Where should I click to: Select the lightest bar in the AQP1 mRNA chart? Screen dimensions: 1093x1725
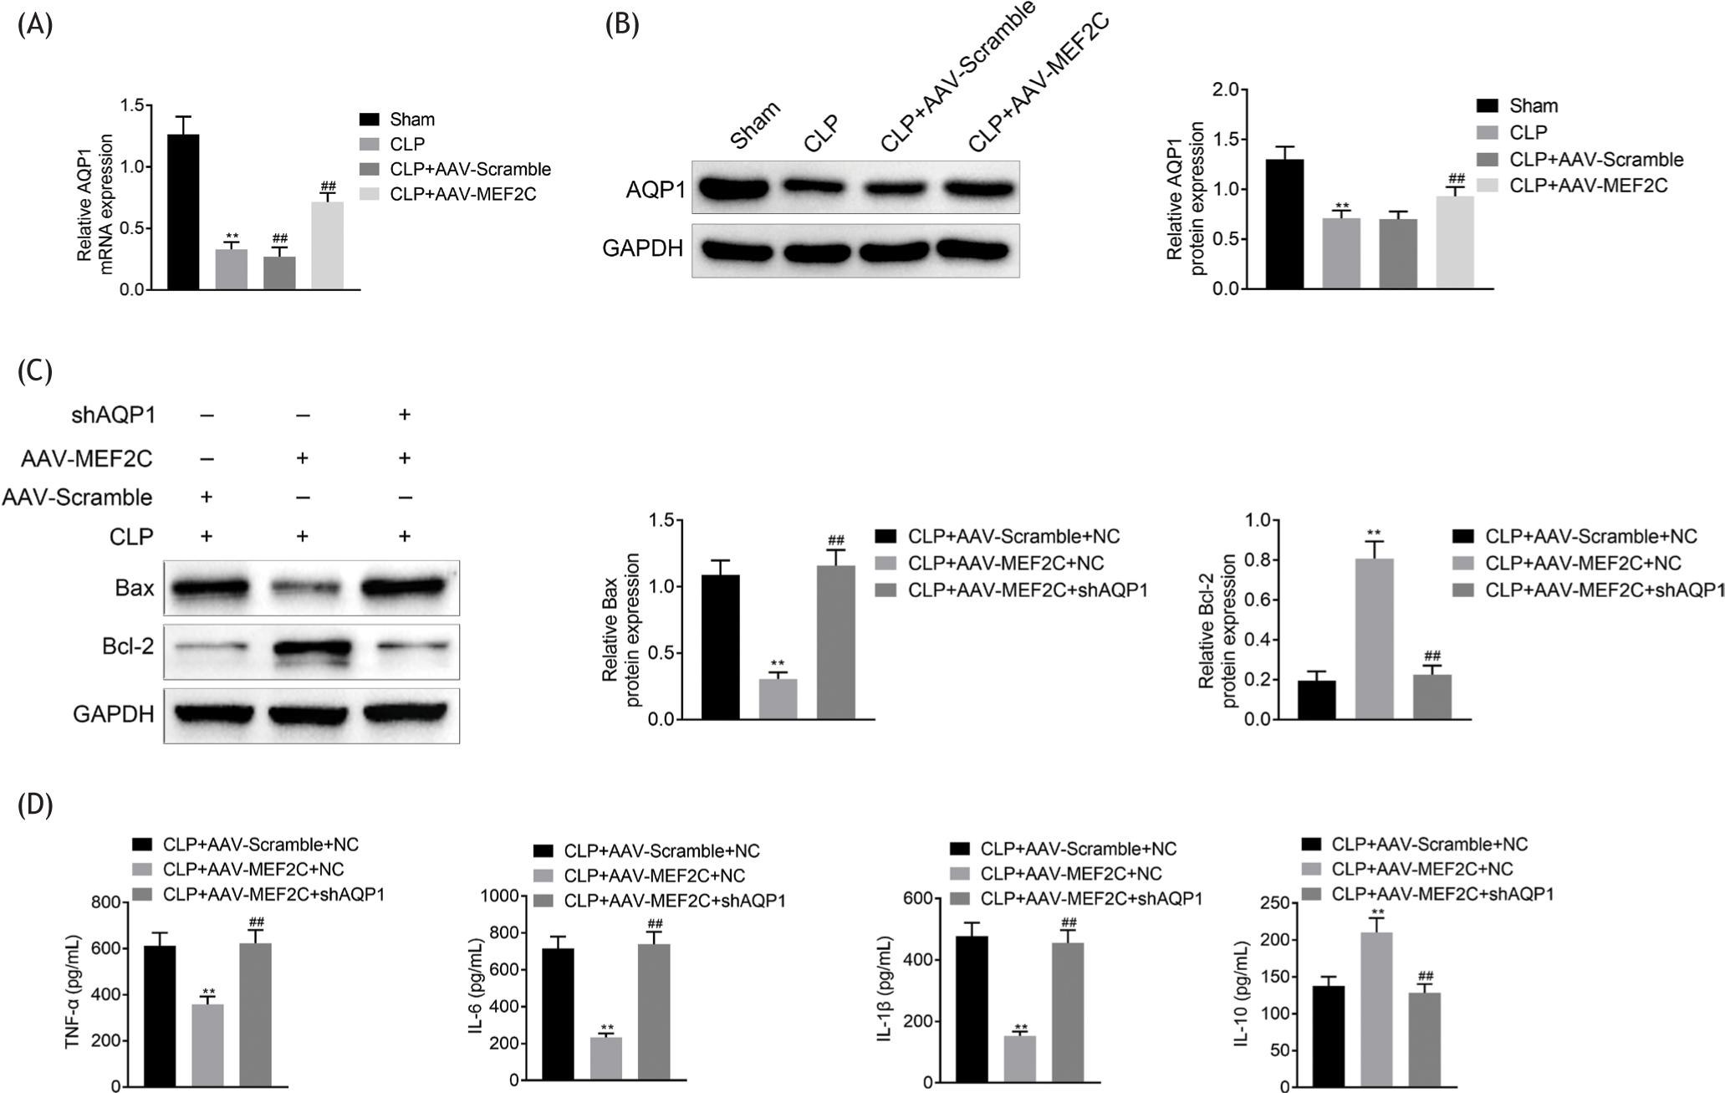327,246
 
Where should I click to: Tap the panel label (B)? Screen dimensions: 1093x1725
621,24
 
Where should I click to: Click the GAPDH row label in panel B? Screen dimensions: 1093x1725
642,249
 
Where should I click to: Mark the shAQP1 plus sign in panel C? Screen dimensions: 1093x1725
405,415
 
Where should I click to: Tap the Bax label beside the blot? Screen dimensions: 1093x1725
135,589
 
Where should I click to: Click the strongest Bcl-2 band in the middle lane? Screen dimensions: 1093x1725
306,648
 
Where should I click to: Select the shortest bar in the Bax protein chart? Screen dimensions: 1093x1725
778,698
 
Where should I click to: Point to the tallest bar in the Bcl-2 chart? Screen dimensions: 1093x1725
1374,639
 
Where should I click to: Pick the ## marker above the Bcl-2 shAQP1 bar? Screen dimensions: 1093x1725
1432,655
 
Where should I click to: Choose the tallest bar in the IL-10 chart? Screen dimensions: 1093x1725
1376,1009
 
